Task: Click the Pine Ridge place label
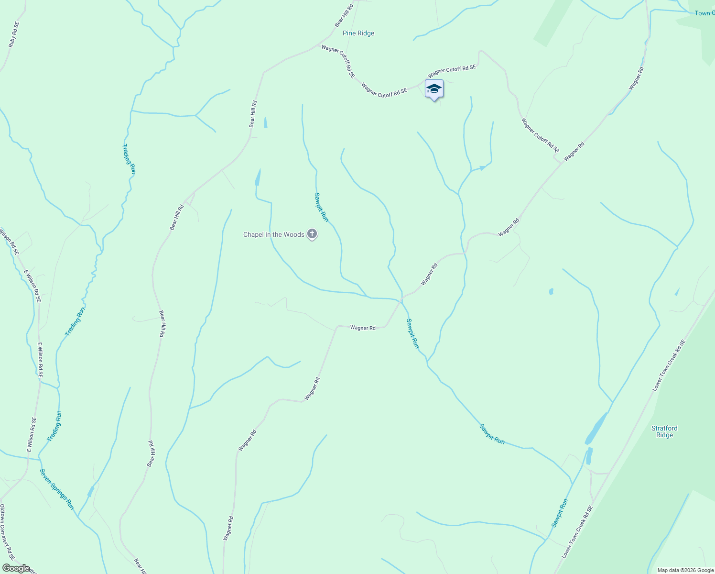pyautogui.click(x=358, y=33)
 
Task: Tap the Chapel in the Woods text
pyautogui.click(x=273, y=234)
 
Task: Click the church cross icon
pyautogui.click(x=312, y=234)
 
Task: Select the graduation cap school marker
pyautogui.click(x=434, y=89)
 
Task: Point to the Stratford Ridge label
pyautogui.click(x=664, y=431)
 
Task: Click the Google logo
pyautogui.click(x=16, y=568)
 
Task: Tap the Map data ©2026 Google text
pyautogui.click(x=685, y=570)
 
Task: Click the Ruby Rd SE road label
pyautogui.click(x=14, y=34)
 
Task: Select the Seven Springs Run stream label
pyautogui.click(x=57, y=489)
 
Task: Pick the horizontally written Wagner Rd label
pyautogui.click(x=363, y=328)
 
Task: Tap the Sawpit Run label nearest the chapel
pyautogui.click(x=321, y=207)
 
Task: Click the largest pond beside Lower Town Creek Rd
pyautogui.click(x=596, y=429)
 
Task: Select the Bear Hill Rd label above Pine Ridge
pyautogui.click(x=344, y=15)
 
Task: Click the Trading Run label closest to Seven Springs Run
pyautogui.click(x=54, y=426)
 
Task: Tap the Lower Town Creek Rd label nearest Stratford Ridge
pyautogui.click(x=669, y=365)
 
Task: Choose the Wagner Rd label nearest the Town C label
pyautogui.click(x=636, y=78)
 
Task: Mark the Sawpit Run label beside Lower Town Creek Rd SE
pyautogui.click(x=560, y=513)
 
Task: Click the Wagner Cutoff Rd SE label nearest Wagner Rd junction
pyautogui.click(x=540, y=135)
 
